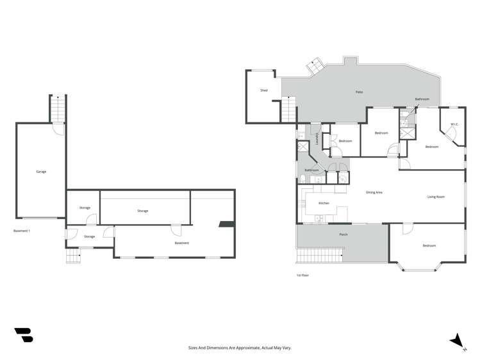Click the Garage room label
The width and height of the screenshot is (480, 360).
click(x=41, y=172)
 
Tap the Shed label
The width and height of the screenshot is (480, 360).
click(x=263, y=91)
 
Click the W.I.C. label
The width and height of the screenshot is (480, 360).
click(x=454, y=124)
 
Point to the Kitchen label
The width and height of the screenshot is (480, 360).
click(x=324, y=203)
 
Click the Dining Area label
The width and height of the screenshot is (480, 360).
click(x=374, y=192)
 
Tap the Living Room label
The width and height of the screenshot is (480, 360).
click(x=436, y=197)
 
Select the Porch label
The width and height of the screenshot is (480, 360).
click(x=343, y=235)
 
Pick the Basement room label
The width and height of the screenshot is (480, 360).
click(x=182, y=243)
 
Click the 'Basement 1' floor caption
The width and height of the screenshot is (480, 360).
click(x=22, y=231)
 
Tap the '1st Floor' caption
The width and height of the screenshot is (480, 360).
click(x=302, y=275)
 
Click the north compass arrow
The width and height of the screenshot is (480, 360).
click(x=457, y=340)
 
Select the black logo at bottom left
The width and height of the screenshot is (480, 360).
click(x=23, y=335)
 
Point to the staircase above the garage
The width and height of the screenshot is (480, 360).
click(x=58, y=109)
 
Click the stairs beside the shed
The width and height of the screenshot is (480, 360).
click(x=289, y=110)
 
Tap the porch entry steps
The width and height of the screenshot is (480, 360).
click(x=319, y=256)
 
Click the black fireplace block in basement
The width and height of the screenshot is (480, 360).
click(x=225, y=225)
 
